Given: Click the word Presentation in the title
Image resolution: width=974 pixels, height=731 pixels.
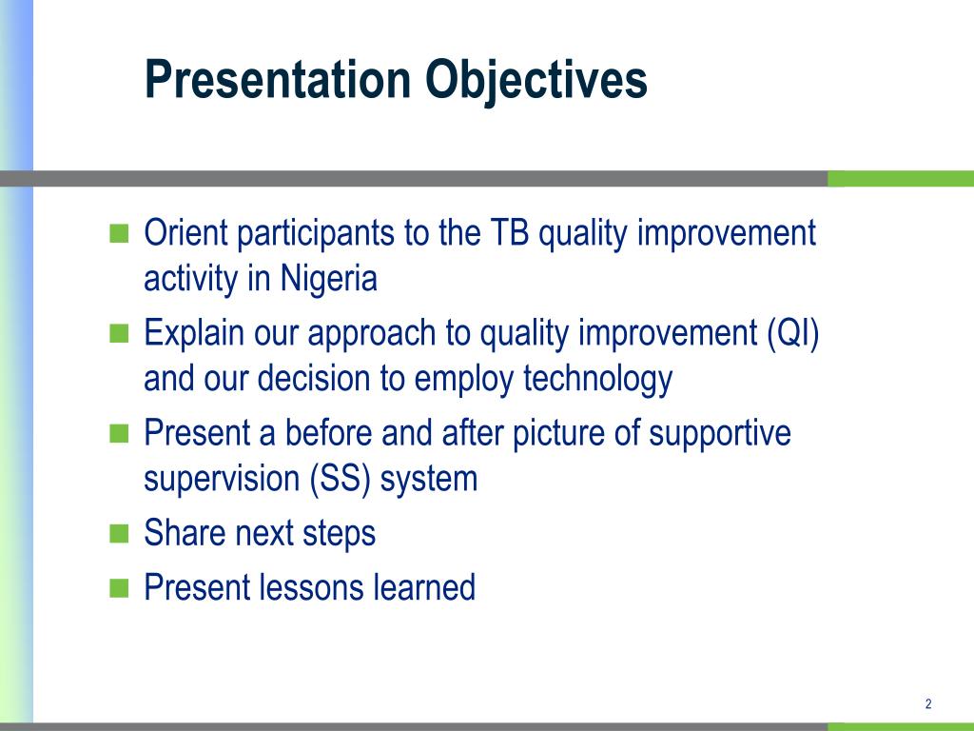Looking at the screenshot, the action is [278, 79].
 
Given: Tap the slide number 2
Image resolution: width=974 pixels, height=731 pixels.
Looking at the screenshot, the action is [928, 703].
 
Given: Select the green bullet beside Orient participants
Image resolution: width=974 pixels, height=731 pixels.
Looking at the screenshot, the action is [119, 234].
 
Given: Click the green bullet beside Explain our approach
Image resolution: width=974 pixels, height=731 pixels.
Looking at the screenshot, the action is [119, 334].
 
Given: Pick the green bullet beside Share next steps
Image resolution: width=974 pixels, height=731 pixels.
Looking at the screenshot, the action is [119, 534].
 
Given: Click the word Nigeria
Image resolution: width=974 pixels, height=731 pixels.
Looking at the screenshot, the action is [328, 279].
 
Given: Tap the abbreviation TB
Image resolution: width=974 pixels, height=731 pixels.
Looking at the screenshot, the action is [510, 232].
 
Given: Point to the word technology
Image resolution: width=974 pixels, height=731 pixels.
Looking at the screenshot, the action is [597, 379].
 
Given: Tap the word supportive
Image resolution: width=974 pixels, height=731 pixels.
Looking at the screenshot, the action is [720, 434].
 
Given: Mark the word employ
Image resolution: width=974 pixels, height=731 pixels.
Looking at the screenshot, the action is [463, 379].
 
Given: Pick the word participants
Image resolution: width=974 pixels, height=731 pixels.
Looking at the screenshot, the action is [316, 234].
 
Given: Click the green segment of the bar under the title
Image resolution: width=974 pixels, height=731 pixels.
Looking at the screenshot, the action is [901, 178].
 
